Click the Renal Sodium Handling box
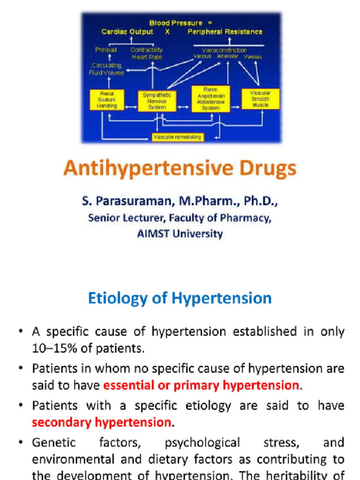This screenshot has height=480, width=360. [x=107, y=100]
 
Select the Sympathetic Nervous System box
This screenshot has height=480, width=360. [x=157, y=101]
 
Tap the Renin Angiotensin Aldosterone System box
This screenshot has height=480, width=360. [x=210, y=99]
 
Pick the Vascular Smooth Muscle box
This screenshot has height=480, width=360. [x=260, y=99]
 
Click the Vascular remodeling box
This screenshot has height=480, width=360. [x=177, y=137]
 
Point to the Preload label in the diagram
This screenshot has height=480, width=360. [x=106, y=50]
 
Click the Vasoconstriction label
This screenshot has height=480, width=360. [x=224, y=50]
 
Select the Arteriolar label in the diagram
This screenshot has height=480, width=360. [x=228, y=56]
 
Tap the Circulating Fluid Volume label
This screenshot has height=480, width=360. [x=107, y=69]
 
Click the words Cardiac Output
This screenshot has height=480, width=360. [x=127, y=32]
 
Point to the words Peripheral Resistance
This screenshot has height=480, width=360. [x=225, y=32]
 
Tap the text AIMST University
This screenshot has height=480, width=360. [x=180, y=233]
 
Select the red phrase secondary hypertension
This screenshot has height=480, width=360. [x=101, y=422]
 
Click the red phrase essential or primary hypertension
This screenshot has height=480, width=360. [x=201, y=385]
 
